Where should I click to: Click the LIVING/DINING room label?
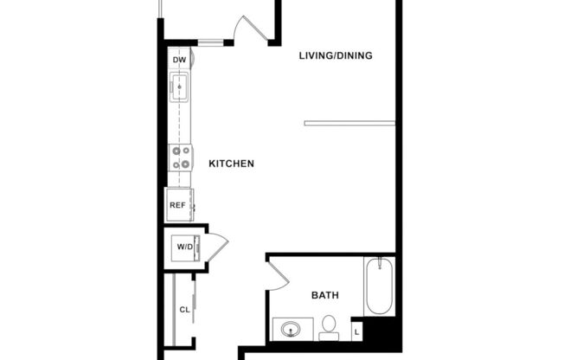[335, 56]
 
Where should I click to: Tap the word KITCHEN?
[231, 163]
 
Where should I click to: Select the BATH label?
[324, 296]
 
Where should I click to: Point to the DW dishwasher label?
[180, 60]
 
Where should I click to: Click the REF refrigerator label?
[177, 205]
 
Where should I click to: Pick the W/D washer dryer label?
[185, 247]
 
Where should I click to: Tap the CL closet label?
[184, 309]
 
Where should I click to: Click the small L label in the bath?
[357, 331]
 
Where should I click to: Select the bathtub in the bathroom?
[379, 287]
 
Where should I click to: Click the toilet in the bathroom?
[329, 326]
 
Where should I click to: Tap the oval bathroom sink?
[288, 330]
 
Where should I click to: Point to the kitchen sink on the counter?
[181, 87]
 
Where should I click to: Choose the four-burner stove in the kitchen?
[181, 157]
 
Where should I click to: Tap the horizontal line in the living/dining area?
[349, 122]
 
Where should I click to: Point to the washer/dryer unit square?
[185, 248]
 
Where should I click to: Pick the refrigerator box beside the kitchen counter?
[178, 206]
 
